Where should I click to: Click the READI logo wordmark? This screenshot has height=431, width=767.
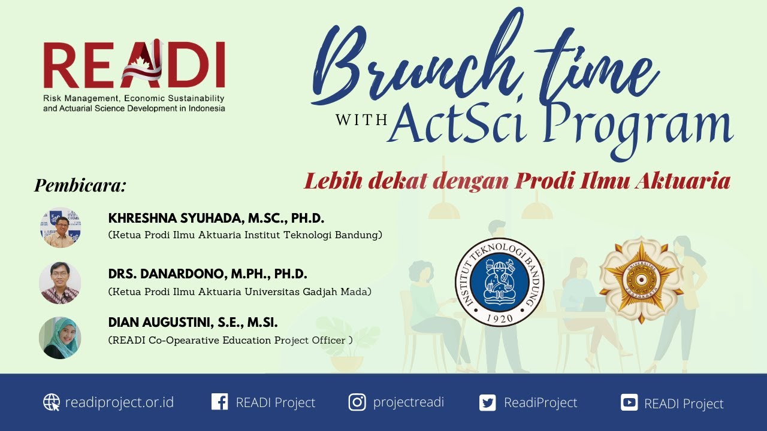click(134, 65)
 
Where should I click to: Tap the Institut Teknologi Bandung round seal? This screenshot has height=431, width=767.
click(499, 281)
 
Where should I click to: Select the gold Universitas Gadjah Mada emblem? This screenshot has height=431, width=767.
click(641, 280)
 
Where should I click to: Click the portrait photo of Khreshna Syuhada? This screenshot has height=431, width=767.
click(60, 227)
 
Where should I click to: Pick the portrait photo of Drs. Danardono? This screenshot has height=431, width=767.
click(60, 283)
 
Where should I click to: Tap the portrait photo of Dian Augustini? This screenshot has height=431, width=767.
click(60, 338)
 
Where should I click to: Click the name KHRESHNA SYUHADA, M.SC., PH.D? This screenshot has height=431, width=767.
click(216, 218)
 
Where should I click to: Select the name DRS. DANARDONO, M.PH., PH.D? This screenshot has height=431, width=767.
click(207, 274)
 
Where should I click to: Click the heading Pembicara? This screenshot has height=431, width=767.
click(80, 186)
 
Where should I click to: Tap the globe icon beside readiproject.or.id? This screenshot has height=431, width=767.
click(52, 402)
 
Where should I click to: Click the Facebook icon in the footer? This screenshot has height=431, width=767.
click(220, 402)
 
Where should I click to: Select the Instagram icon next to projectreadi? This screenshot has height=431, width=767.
click(357, 402)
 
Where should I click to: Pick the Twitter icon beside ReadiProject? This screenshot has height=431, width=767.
click(488, 403)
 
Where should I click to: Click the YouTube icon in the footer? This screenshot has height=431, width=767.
click(629, 403)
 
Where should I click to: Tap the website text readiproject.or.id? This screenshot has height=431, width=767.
click(119, 402)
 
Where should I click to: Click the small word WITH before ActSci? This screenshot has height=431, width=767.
click(361, 120)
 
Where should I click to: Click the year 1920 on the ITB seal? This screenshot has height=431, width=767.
click(499, 318)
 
